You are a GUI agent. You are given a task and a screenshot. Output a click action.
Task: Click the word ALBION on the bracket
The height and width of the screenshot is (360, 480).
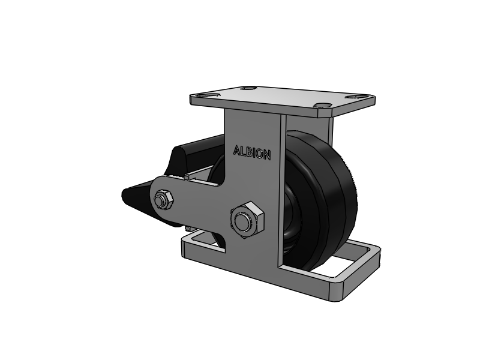[252, 152]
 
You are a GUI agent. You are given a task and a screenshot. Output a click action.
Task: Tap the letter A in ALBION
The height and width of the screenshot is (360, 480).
[236, 150]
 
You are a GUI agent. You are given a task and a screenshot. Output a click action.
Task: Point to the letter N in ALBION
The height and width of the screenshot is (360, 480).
[266, 155]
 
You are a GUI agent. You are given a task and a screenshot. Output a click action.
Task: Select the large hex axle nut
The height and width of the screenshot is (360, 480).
[247, 220]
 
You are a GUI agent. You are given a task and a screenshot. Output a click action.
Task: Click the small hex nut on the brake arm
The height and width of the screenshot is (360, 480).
[163, 200]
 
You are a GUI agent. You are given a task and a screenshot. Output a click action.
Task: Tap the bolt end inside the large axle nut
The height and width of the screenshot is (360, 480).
[242, 221]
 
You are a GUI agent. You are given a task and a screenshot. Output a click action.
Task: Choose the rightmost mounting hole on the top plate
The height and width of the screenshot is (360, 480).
[356, 97]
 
